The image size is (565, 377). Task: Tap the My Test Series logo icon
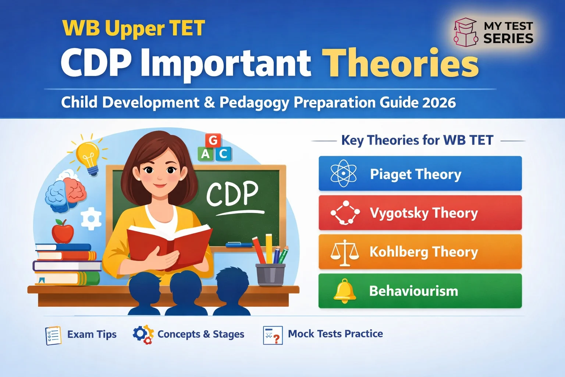tap(465, 32)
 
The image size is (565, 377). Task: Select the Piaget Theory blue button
tap(420, 173)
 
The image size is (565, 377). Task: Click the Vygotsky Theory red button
tap(420, 213)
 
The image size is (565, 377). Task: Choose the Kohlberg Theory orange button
tap(420, 252)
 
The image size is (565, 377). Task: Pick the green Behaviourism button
tap(420, 291)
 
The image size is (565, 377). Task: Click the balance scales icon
tap(344, 253)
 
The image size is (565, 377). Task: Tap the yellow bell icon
tap(344, 291)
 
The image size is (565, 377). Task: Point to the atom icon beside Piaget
tap(343, 173)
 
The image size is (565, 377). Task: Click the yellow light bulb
tap(88, 156)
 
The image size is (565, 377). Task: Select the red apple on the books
tap(63, 232)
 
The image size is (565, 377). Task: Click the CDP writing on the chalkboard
tap(232, 194)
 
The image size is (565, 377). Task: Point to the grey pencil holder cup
tap(270, 274)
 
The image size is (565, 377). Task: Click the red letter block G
tap(213, 140)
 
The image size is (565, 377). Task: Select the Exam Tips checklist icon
tap(53, 335)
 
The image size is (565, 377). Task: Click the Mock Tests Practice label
tap(335, 334)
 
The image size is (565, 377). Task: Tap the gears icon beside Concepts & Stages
tap(143, 334)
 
